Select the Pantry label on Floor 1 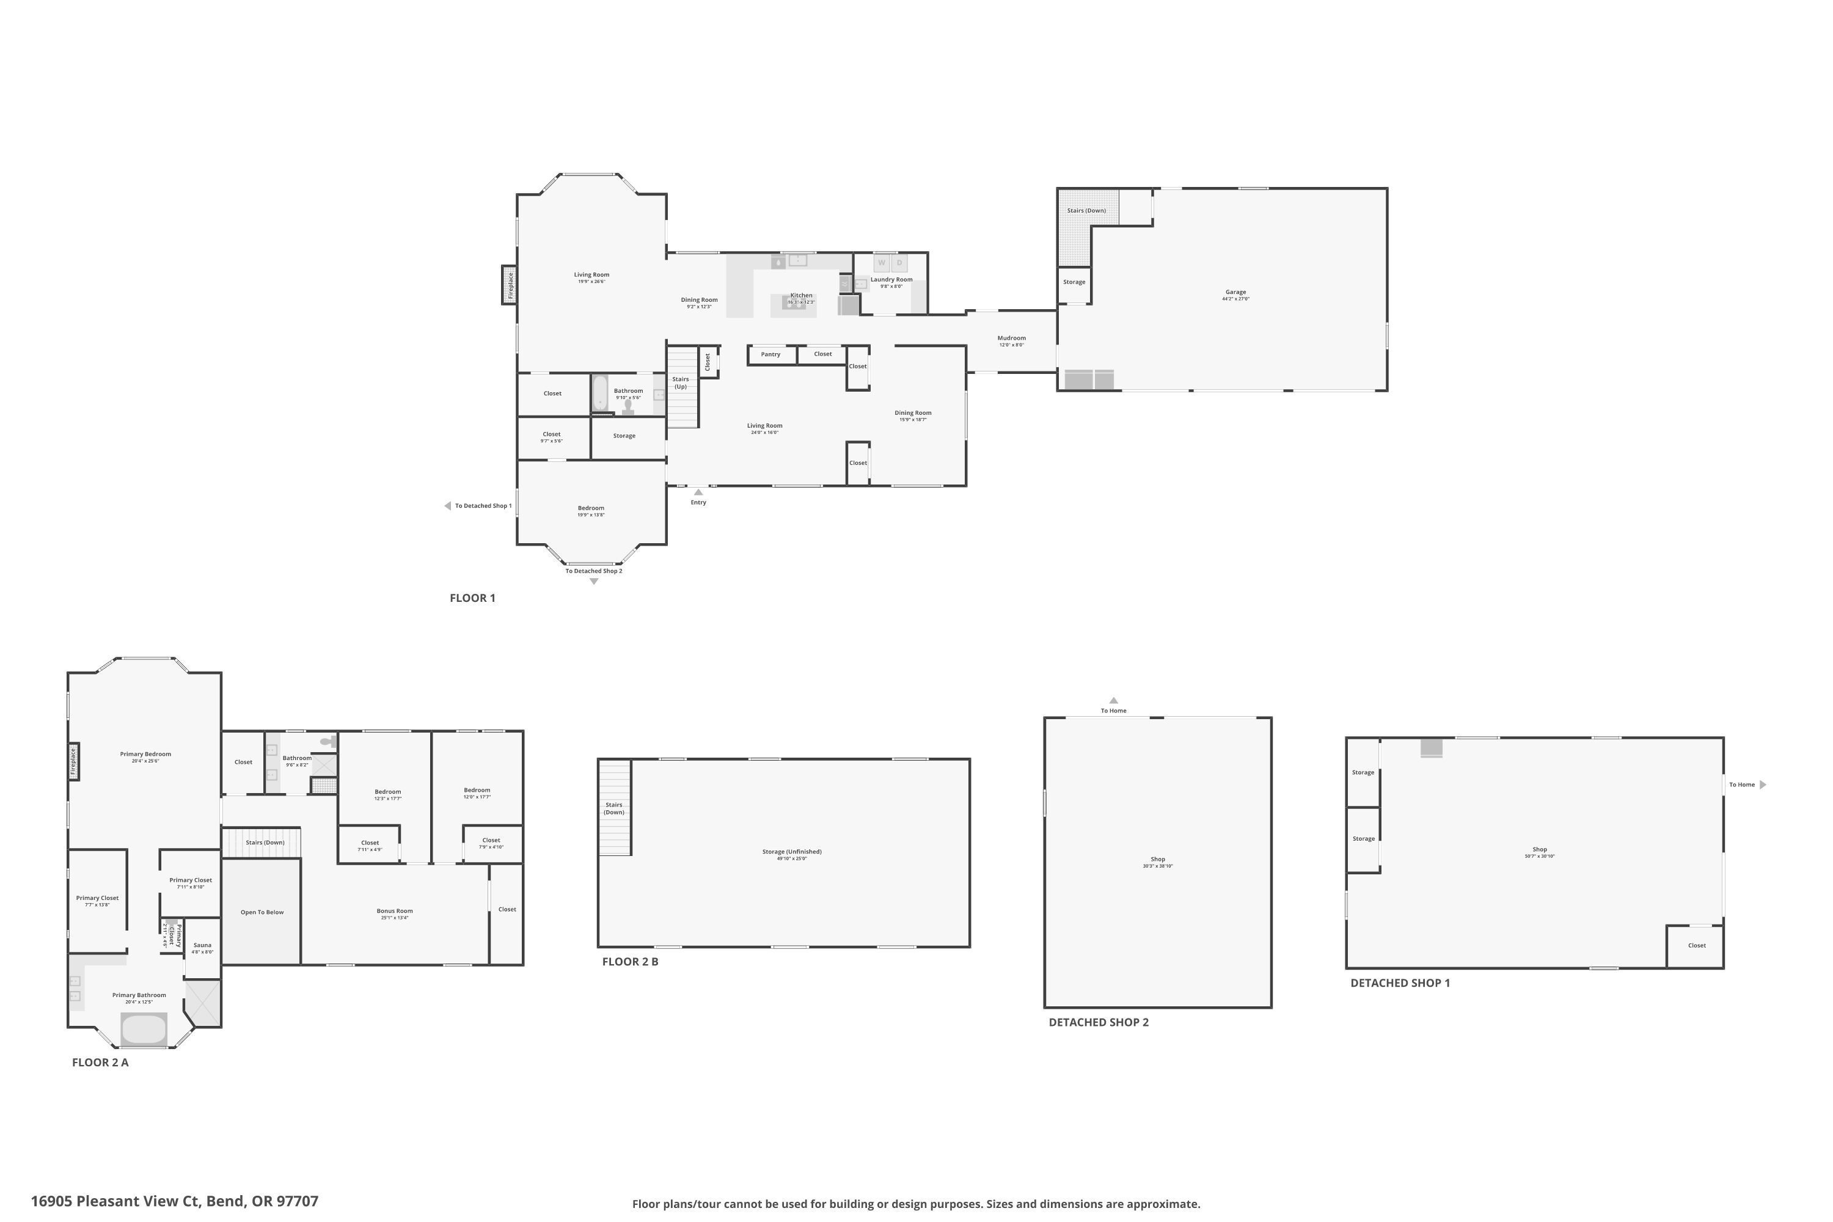point(770,354)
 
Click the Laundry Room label point(891,280)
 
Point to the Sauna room point(202,947)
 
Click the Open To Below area point(262,912)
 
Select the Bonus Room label point(394,912)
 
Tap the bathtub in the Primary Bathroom point(144,1029)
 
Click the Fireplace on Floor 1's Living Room point(510,285)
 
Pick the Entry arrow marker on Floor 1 point(698,492)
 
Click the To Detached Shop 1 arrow point(448,506)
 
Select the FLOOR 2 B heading point(630,962)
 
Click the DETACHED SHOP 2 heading point(1098,1022)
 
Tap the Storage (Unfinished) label point(792,852)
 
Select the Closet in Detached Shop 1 point(1697,945)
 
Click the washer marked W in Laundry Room point(882,263)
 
